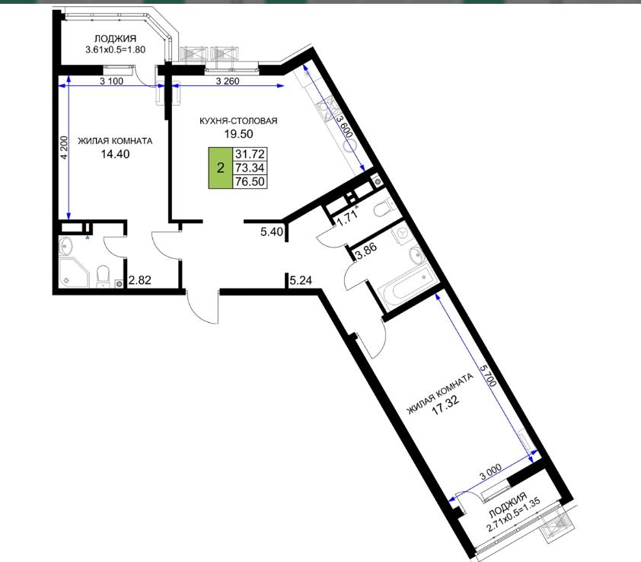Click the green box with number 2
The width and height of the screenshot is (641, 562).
221,168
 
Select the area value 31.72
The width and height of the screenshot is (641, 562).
250,154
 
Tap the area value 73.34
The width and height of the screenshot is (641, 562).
250,168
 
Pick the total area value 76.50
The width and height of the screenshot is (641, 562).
250,181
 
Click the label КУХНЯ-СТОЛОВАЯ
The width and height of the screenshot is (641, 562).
238,120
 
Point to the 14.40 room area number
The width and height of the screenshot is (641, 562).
115,154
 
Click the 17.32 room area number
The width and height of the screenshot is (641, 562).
445,404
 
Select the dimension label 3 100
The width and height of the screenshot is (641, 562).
111,81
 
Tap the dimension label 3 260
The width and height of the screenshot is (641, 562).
228,81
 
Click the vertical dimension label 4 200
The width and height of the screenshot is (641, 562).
64,147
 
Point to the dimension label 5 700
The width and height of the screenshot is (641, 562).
489,375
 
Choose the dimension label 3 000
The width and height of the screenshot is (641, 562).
490,473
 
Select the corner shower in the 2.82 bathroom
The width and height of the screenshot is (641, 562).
74,272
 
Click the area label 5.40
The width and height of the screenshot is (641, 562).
272,232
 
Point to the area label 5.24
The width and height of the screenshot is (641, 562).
301,280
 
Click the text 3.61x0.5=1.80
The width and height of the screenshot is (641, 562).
115,50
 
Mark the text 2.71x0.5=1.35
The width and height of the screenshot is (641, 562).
514,515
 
